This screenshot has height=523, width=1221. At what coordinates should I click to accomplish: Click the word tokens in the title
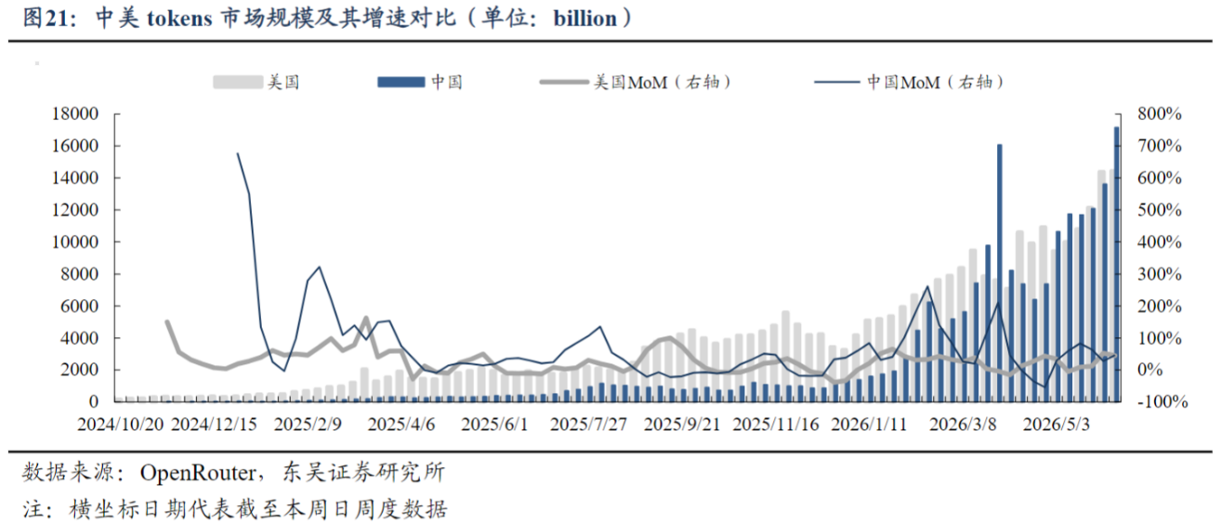point(179,19)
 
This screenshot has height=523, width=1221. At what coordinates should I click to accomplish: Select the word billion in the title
point(584,19)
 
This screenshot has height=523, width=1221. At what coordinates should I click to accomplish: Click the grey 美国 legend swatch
point(238,83)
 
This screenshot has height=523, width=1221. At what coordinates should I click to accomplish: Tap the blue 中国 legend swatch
point(401,83)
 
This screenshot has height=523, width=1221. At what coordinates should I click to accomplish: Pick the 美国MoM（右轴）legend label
point(663,83)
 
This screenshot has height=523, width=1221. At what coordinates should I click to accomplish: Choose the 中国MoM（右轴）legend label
point(936,83)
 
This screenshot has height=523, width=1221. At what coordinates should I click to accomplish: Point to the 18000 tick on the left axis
point(75,113)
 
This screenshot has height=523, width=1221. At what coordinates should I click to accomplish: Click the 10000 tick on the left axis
point(75,242)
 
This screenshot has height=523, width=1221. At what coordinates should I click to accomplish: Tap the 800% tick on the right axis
point(1160,113)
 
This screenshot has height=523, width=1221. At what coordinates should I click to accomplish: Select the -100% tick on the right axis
point(1162,401)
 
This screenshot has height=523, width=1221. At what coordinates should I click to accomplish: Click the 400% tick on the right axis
point(1160,242)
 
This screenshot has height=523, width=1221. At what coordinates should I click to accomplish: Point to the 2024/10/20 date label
point(121,425)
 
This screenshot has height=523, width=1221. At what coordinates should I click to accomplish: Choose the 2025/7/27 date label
point(588,425)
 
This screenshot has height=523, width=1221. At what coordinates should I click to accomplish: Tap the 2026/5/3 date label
point(1057,425)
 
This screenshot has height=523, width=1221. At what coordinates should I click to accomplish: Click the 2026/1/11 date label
point(869,425)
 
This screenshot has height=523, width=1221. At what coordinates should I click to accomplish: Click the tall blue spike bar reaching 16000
point(1000,273)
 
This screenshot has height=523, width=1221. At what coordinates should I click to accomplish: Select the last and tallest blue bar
point(1116,264)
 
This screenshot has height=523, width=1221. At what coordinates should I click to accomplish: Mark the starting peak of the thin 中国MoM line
point(238,153)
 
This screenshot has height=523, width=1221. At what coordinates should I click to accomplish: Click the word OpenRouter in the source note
point(197,473)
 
